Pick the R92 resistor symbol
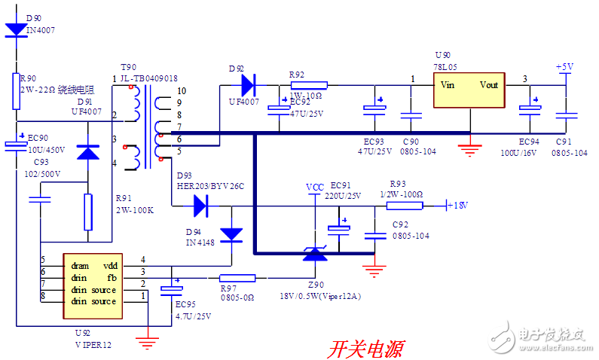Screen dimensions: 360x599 click(x=308, y=85)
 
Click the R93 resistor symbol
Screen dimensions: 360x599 click(x=405, y=204)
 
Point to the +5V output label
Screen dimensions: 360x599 click(x=565, y=66)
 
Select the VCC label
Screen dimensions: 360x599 click(x=315, y=186)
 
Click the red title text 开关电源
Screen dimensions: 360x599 click(x=365, y=348)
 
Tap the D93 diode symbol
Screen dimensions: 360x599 click(x=200, y=204)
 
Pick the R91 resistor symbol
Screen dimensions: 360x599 click(x=88, y=211)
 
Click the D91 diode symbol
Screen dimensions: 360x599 click(x=88, y=151)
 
